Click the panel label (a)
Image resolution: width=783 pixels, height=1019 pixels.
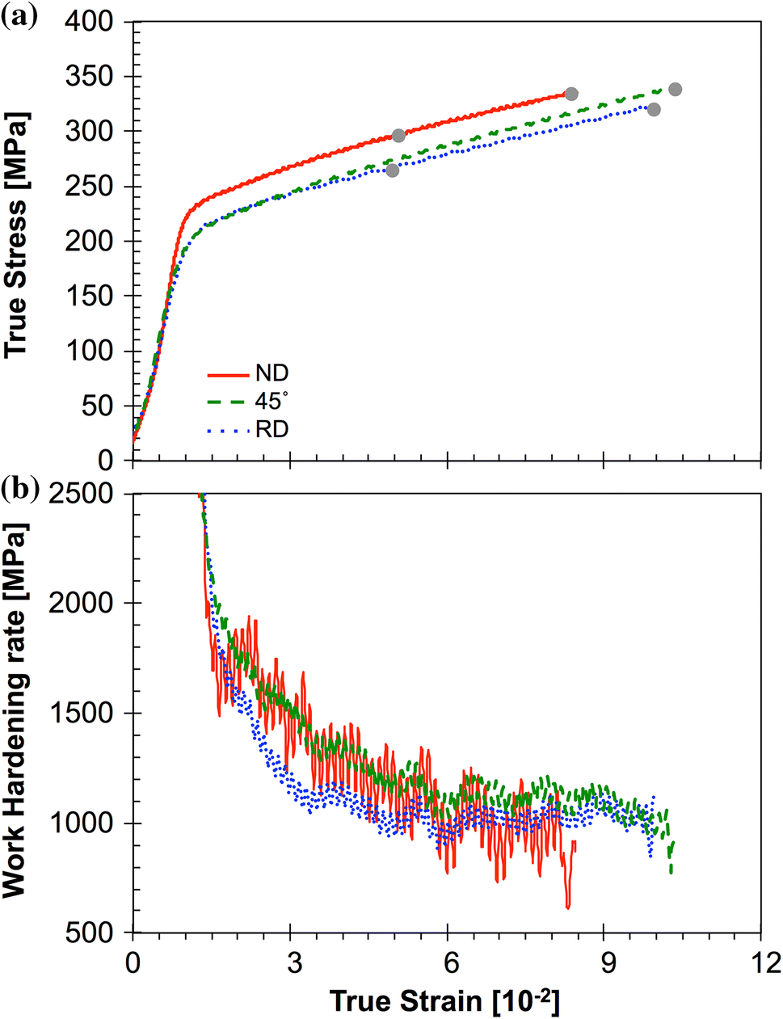coord(19,17)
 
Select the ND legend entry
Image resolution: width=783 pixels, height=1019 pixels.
coord(272,373)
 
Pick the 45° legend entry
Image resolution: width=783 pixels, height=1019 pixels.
coord(272,402)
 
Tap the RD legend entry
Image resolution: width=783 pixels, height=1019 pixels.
coord(272,429)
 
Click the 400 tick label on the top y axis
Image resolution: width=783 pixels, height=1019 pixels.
coord(92,22)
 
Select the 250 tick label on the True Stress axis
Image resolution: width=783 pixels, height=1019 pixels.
coord(92,187)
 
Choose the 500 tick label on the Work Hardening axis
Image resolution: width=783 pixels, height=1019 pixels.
coord(92,933)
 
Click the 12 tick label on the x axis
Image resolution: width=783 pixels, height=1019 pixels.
coord(760,963)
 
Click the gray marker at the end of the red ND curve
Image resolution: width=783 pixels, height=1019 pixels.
coord(571,94)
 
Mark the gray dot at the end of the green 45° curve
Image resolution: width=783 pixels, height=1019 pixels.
coord(675,89)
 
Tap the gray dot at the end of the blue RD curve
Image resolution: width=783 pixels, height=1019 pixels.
coord(654,109)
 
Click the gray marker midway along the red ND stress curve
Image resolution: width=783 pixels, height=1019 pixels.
coord(398,135)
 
